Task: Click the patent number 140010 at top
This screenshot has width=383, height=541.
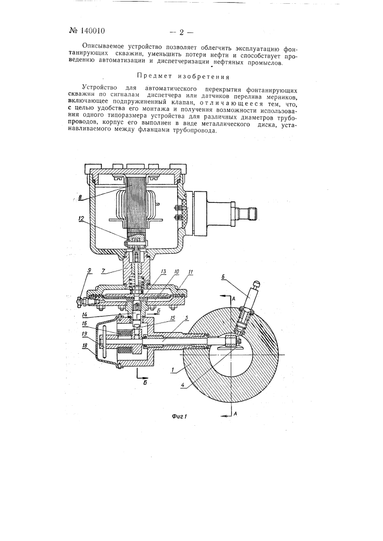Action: (x=93, y=31)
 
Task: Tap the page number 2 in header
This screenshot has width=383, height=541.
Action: (x=181, y=32)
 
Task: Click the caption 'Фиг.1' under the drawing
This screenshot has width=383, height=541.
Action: (x=179, y=416)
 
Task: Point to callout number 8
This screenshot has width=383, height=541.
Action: (x=80, y=197)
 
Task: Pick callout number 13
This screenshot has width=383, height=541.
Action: (x=163, y=272)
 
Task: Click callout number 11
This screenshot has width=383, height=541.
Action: (x=189, y=272)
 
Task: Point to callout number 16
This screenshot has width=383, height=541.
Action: (x=85, y=323)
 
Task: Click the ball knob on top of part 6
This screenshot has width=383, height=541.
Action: (x=257, y=283)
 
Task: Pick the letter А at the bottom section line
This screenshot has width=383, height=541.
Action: (x=235, y=415)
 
